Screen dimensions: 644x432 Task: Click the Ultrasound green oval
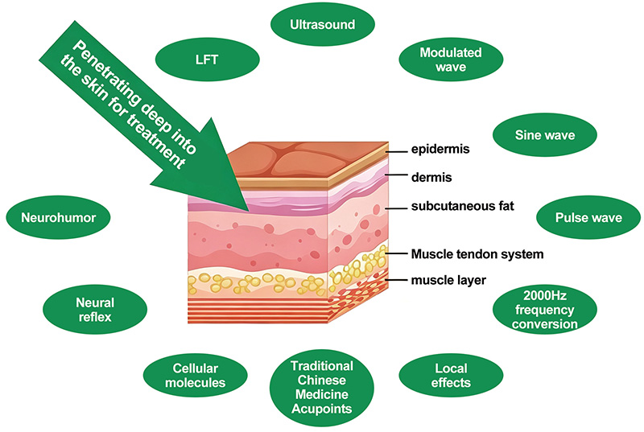click(323, 24)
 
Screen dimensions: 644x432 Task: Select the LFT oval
click(208, 60)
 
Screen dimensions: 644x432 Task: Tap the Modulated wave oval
click(451, 60)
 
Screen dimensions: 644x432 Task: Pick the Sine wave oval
click(545, 135)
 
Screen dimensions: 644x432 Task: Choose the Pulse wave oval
click(588, 217)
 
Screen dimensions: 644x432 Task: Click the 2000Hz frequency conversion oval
click(545, 310)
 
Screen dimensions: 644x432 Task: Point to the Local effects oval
click(451, 376)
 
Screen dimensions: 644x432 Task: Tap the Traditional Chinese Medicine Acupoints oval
click(322, 388)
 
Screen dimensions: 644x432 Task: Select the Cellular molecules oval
click(195, 376)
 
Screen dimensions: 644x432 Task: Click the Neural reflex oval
click(95, 310)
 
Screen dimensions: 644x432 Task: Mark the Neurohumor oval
click(58, 217)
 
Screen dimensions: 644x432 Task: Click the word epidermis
click(440, 149)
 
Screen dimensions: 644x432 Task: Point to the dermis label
click(431, 177)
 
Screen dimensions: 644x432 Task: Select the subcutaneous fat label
click(462, 205)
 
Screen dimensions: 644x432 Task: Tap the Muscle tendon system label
click(477, 254)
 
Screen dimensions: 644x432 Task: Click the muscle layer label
click(448, 280)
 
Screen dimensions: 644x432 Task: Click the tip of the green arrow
click(250, 212)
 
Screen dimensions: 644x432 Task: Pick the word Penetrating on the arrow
click(112, 78)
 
